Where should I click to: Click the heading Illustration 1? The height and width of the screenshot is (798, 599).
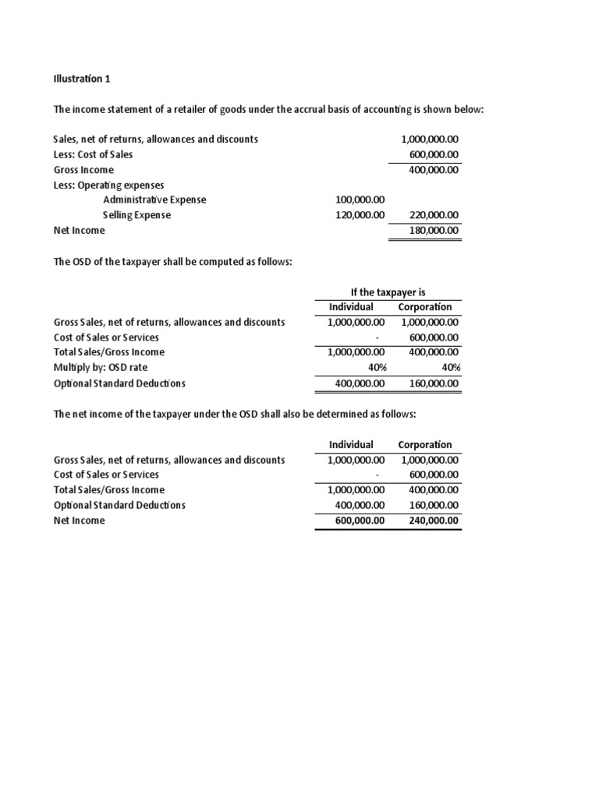pos(77,79)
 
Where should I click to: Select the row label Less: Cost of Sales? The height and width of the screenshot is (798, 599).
pos(93,154)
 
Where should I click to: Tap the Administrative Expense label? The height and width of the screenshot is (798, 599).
pos(154,199)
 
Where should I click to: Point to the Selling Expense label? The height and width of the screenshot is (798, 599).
pos(136,215)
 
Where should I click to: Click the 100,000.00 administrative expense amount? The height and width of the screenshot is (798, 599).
pos(360,199)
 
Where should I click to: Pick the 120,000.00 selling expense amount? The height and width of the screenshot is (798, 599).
pos(360,215)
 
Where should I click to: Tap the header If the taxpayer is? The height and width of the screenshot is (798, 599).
pos(388,291)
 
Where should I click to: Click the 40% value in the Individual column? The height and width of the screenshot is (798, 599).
pos(374,368)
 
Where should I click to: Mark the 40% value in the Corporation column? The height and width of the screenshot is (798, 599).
pos(448,368)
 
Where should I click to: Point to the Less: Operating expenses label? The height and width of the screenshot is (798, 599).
pos(108,185)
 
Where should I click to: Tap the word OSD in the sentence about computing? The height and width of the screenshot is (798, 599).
pos(82,261)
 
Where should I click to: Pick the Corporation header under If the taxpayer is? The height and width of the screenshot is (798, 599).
pos(424,307)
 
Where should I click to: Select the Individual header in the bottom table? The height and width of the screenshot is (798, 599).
pos(351,444)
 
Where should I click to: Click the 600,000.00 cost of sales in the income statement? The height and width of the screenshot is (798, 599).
pos(434,154)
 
